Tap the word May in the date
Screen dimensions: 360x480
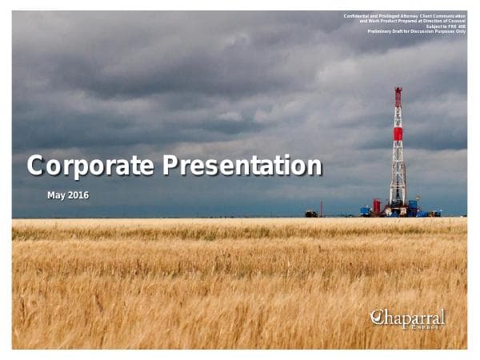pyautogui.click(x=56, y=195)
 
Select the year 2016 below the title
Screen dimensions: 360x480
pyautogui.click(x=78, y=195)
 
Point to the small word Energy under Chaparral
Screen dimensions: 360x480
pyautogui.click(x=422, y=326)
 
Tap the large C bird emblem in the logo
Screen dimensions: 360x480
pyautogui.click(x=378, y=318)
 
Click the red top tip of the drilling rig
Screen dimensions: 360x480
pyautogui.click(x=398, y=93)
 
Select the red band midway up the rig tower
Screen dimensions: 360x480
pyautogui.click(x=398, y=134)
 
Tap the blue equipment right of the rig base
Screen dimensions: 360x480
pyautogui.click(x=413, y=210)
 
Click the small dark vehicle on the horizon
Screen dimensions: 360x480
pyautogui.click(x=310, y=214)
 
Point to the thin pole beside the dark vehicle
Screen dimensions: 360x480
pyautogui.click(x=322, y=209)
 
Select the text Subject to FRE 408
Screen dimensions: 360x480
pyautogui.click(x=446, y=26)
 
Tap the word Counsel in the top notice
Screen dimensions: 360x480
pyautogui.click(x=455, y=21)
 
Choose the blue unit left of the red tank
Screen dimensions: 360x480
pyautogui.click(x=366, y=211)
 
